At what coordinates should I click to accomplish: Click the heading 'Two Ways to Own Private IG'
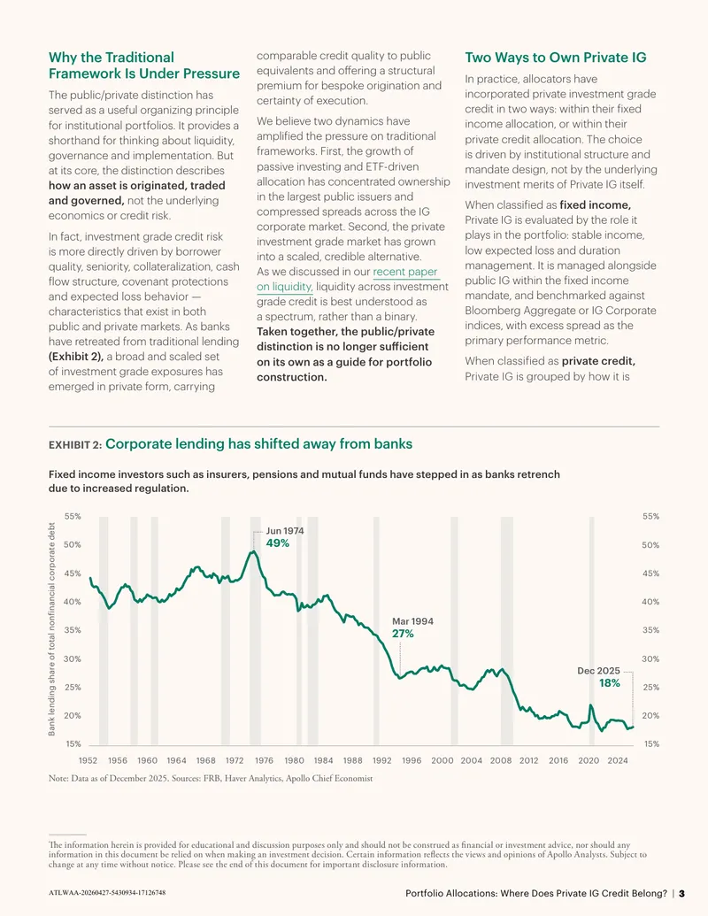(556, 58)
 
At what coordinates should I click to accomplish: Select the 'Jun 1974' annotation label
(285, 531)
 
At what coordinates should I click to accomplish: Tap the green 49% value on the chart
(278, 543)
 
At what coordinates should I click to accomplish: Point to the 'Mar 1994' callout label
(413, 621)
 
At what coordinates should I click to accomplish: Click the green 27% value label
(403, 634)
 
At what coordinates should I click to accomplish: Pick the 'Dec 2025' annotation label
(599, 671)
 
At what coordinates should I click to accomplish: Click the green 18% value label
(610, 683)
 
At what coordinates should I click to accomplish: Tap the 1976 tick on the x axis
(264, 760)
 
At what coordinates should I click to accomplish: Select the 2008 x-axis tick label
(501, 760)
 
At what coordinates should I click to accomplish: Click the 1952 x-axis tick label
(88, 760)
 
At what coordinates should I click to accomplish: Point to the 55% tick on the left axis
(73, 517)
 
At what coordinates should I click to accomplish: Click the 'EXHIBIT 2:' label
(75, 445)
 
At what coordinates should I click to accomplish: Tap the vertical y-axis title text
(52, 629)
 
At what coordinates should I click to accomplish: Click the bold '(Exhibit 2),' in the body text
(76, 357)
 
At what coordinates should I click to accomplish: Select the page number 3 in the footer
(681, 893)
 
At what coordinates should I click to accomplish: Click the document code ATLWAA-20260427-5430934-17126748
(107, 893)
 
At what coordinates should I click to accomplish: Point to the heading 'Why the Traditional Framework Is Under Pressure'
(144, 65)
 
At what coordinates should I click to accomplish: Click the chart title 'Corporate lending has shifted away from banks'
(258, 444)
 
